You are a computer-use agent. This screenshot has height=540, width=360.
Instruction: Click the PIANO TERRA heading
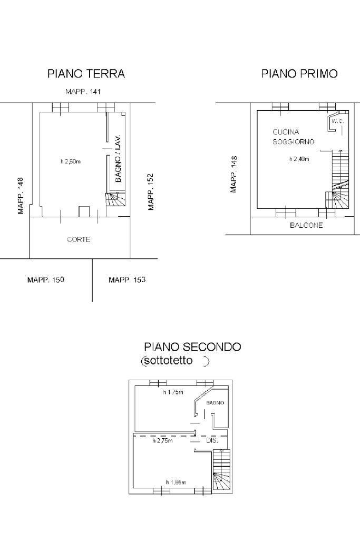click(x=86, y=74)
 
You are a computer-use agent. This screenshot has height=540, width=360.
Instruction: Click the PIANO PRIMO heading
click(x=299, y=74)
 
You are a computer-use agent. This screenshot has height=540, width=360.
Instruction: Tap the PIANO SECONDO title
click(x=192, y=346)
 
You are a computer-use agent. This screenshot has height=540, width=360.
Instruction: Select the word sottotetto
click(x=169, y=361)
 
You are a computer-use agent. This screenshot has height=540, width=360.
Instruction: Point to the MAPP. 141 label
click(x=83, y=92)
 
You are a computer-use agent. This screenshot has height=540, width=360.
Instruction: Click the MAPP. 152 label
click(x=150, y=191)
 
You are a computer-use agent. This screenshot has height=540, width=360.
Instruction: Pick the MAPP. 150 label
click(x=46, y=279)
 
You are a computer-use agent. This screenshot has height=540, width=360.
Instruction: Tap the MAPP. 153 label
click(x=127, y=279)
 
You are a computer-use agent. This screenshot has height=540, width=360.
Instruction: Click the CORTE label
click(x=79, y=239)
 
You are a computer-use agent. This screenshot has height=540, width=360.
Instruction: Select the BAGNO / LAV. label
click(x=118, y=158)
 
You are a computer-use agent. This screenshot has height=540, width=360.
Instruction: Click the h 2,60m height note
click(x=71, y=161)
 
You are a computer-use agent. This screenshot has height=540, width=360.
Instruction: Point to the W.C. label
click(x=338, y=121)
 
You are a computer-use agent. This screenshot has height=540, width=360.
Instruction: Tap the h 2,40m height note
click(x=299, y=159)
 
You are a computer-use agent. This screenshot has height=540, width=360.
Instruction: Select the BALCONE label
click(x=306, y=225)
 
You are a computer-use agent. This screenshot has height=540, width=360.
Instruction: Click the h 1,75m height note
click(x=173, y=392)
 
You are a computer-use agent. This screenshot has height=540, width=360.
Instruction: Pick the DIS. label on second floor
click(x=212, y=440)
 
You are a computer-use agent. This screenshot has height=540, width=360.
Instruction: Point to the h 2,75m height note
click(x=162, y=440)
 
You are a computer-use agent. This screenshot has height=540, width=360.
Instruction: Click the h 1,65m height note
click(x=176, y=483)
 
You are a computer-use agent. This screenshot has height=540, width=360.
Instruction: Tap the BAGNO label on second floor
click(x=215, y=402)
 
